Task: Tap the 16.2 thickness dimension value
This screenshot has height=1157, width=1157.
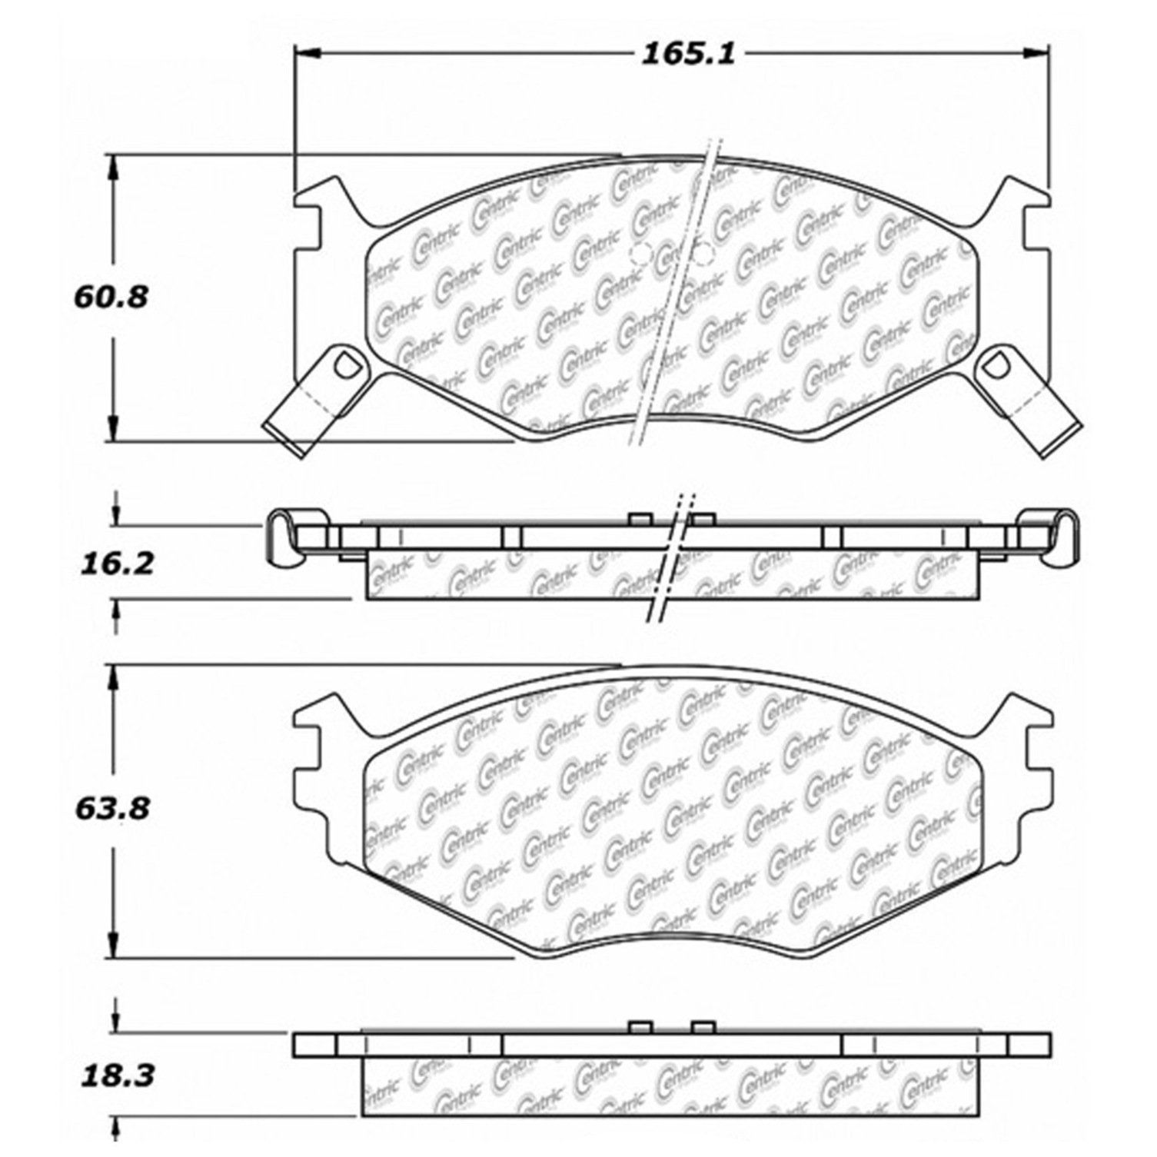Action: pyautogui.click(x=117, y=564)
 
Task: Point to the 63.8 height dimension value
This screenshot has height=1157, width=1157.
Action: pyautogui.click(x=111, y=809)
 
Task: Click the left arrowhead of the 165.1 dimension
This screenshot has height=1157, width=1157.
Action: pyautogui.click(x=308, y=53)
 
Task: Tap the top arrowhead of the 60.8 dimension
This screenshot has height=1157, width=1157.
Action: pyautogui.click(x=115, y=166)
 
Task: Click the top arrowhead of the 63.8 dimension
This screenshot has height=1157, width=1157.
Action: pyautogui.click(x=115, y=677)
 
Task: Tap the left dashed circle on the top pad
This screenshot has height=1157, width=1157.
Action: pyautogui.click(x=640, y=254)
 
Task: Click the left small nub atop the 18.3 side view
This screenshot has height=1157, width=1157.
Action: pyautogui.click(x=640, y=1027)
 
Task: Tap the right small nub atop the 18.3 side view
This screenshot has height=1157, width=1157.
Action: pyautogui.click(x=703, y=1027)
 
